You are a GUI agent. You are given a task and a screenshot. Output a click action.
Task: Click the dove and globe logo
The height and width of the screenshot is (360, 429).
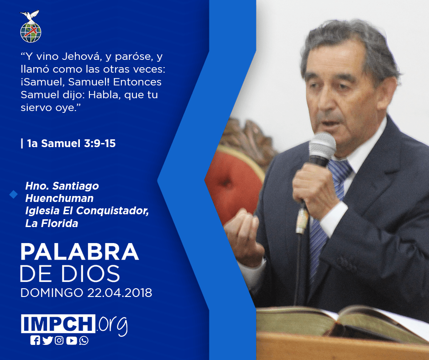point(31,26)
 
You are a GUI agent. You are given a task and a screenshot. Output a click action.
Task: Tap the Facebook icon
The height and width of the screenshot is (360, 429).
point(35,340)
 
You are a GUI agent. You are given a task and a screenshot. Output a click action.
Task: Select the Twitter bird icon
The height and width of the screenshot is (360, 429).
point(47,340)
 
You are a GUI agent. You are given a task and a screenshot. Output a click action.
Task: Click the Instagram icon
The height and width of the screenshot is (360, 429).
point(59,340)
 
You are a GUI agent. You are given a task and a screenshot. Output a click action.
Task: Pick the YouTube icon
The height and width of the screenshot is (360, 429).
point(71,340)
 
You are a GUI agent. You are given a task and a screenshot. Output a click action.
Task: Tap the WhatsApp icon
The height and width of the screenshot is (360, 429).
point(84,340)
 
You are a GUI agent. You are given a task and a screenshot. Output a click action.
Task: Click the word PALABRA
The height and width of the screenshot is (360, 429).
point(79,252)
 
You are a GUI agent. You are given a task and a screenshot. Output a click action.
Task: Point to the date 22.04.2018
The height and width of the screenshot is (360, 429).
point(120,292)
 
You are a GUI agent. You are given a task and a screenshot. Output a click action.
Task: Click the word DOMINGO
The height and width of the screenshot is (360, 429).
point(52,292)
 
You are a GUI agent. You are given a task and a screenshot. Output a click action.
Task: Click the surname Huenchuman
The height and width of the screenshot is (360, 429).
point(59,198)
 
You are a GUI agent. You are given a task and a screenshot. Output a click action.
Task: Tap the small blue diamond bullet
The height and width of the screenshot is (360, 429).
point(13,194)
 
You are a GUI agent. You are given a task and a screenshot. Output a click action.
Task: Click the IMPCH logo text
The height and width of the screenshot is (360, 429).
point(58,323)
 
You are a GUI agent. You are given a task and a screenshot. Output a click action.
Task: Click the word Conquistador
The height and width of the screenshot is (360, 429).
point(112,211)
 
